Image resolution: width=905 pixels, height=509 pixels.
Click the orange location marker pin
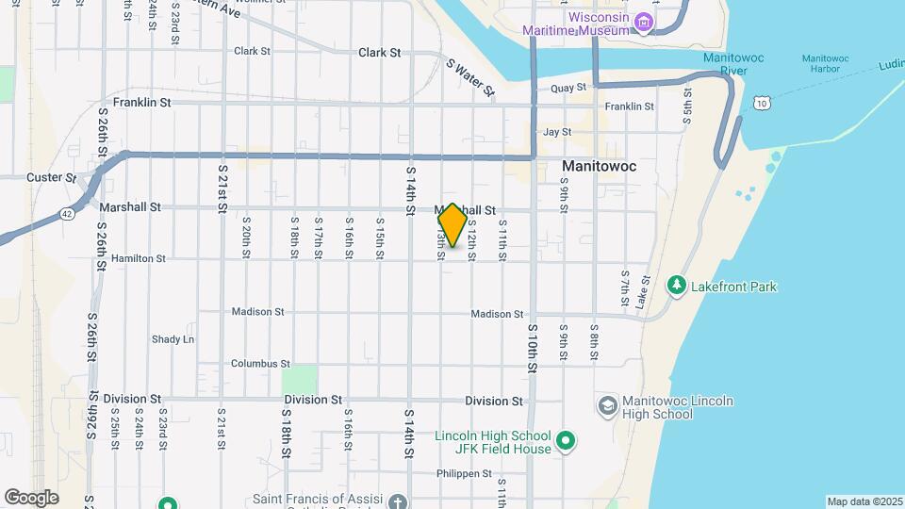452,225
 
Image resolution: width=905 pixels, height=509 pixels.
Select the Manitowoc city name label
599,166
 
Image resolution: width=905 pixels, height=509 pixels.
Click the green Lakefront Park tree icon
676,285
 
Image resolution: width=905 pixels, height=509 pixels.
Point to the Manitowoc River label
732,64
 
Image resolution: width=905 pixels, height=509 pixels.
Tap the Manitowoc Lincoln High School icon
608,406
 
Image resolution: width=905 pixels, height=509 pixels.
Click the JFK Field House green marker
566,441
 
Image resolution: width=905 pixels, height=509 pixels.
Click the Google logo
31,497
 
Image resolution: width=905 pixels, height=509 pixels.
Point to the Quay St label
562,88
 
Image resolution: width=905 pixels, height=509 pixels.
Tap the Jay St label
557,133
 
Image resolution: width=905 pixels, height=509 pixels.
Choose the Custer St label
51,177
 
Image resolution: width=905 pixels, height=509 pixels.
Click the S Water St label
470,77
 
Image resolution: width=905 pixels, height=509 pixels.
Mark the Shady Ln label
173,339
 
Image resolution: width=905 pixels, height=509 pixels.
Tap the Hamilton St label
138,257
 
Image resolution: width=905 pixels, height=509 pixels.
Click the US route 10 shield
760,102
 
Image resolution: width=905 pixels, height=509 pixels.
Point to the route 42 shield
66,214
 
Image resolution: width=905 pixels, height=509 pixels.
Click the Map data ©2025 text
864,501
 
